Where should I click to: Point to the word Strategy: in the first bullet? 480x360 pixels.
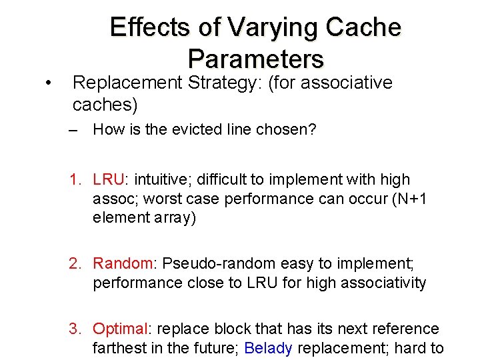point(218,83)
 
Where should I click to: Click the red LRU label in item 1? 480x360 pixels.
point(109,179)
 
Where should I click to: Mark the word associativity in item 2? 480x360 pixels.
point(383,283)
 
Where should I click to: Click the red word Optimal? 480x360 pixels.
point(121,329)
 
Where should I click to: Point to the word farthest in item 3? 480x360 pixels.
point(119,348)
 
